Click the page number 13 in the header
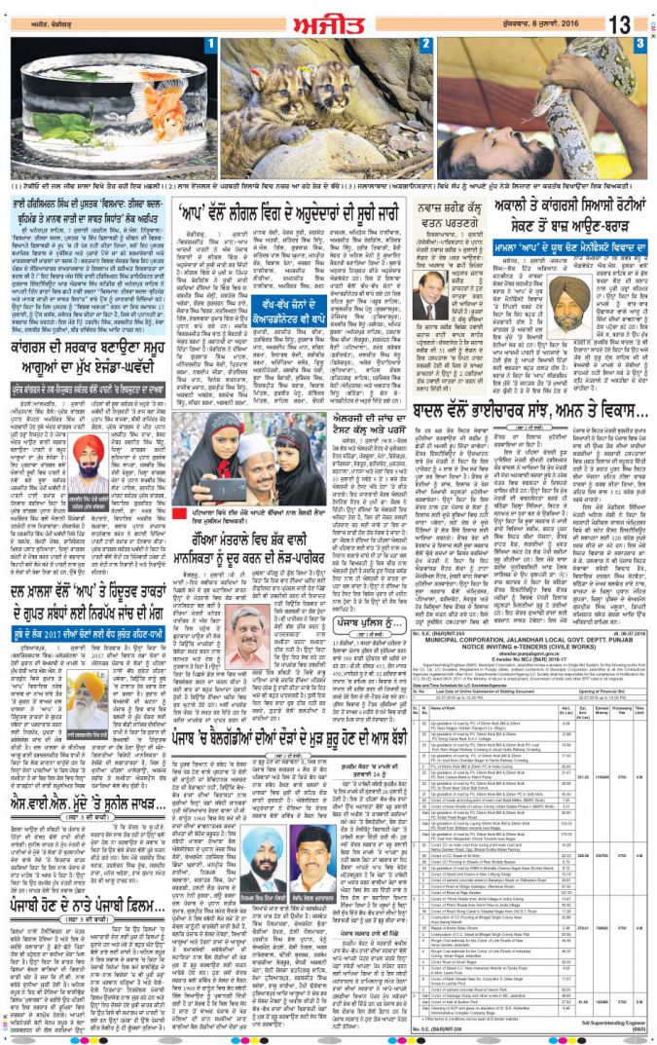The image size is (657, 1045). pyautogui.click(x=621, y=21)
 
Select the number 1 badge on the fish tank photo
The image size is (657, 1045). pyautogui.click(x=211, y=45)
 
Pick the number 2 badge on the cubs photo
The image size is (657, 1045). pyautogui.click(x=425, y=44)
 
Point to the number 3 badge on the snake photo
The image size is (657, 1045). pyautogui.click(x=639, y=44)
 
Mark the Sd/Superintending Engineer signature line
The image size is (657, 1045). pyautogui.click(x=612, y=1024)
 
